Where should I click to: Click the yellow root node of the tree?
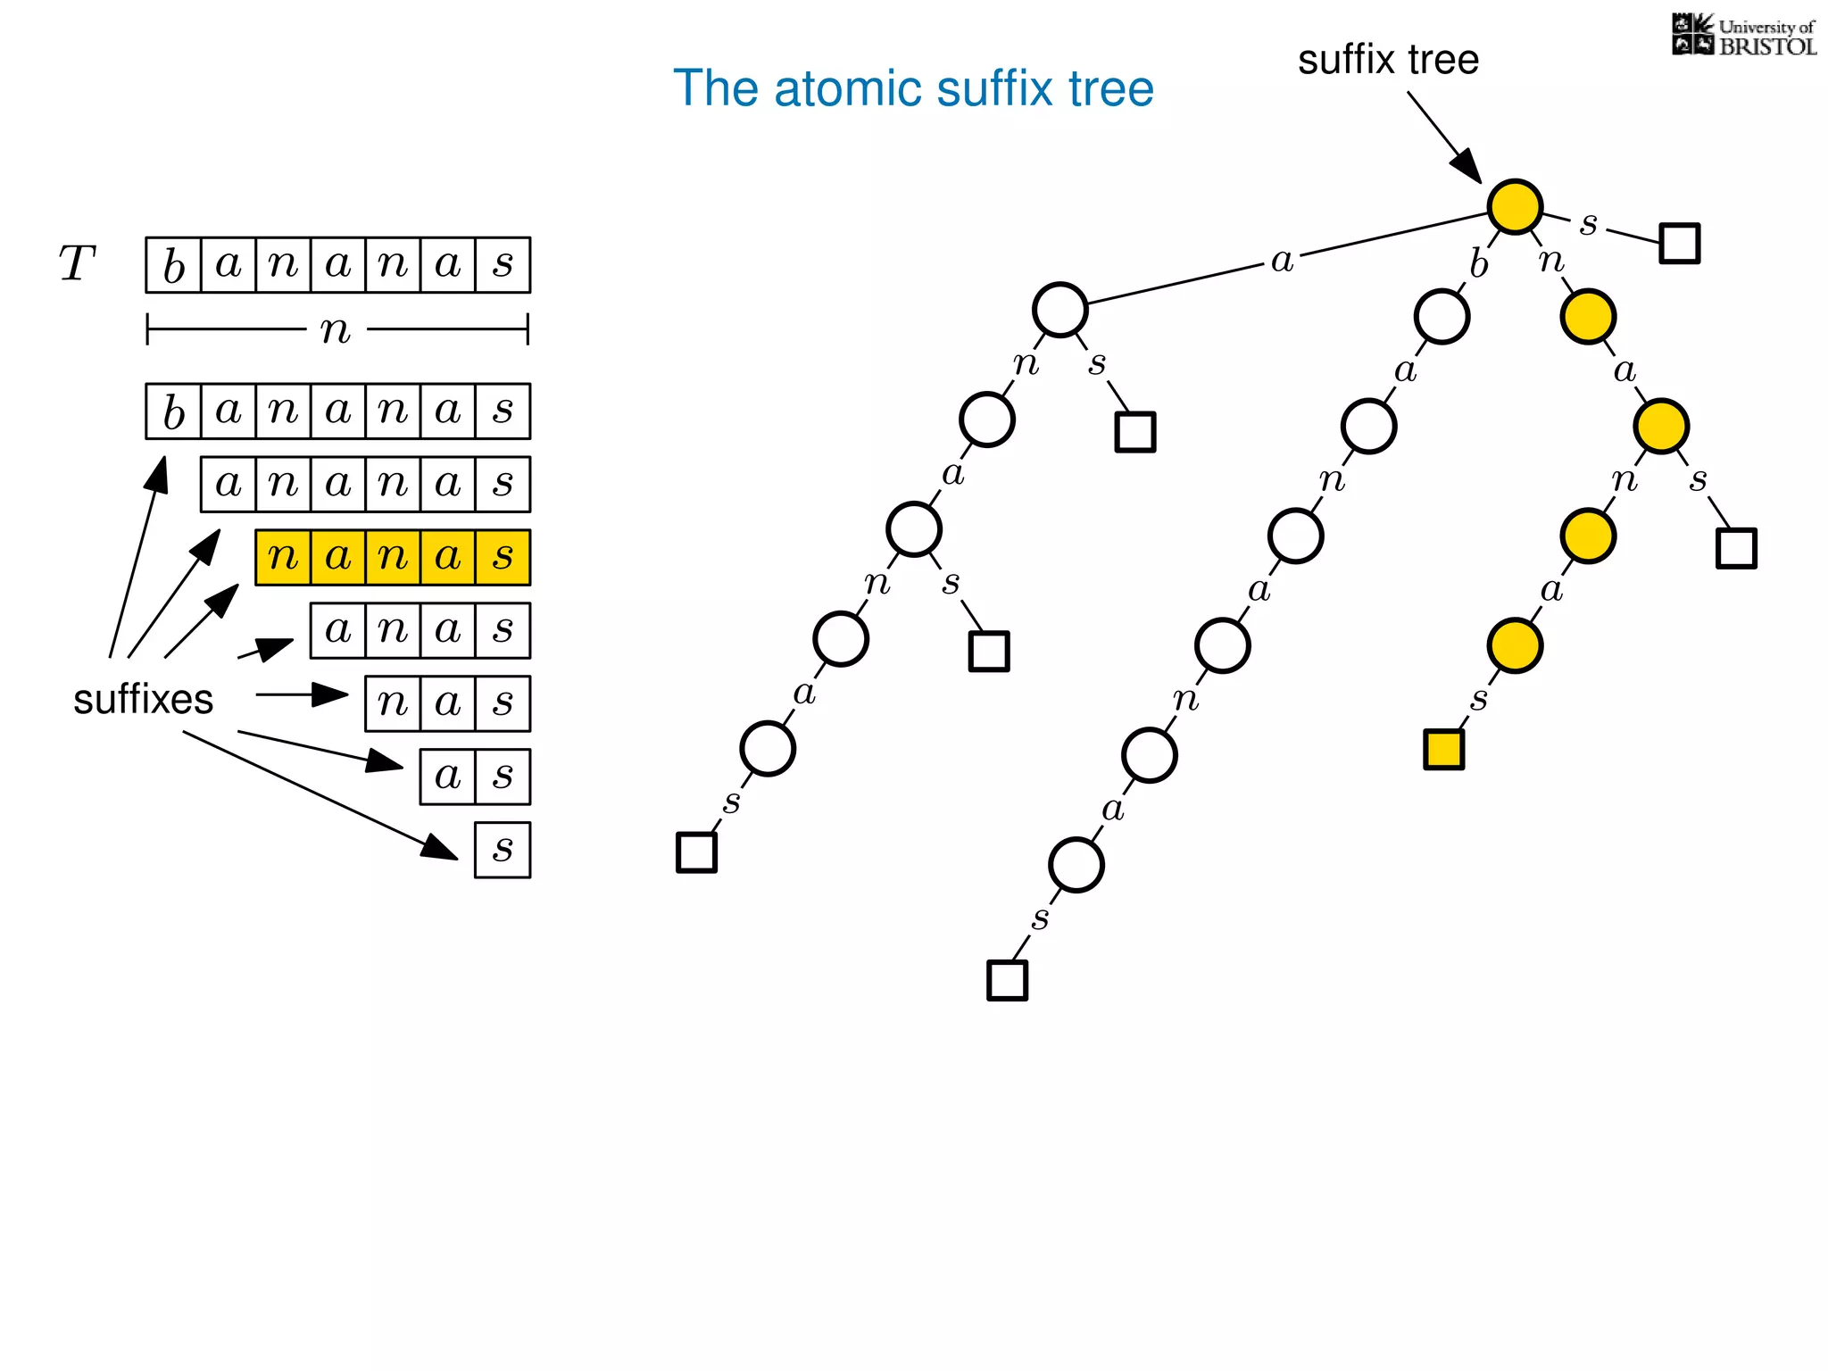tap(1515, 206)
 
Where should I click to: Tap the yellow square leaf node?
tap(1443, 749)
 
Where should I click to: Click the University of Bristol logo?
tap(1743, 35)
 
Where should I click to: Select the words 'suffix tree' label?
tap(1388, 60)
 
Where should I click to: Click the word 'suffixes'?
tap(143, 699)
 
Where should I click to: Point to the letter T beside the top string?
tap(77, 264)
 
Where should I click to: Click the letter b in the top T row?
tap(174, 265)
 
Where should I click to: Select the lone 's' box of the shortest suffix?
tap(503, 850)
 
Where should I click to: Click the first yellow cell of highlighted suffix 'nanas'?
tap(283, 557)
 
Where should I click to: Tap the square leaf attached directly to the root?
tap(1679, 243)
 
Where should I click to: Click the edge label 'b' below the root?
tap(1479, 264)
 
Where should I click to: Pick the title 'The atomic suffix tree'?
tap(913, 88)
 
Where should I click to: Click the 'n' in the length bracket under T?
tap(336, 330)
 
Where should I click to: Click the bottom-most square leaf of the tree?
tap(1007, 980)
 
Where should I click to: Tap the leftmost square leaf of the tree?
tap(696, 852)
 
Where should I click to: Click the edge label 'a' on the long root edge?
tap(1282, 261)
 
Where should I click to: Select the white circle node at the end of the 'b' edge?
tap(1442, 317)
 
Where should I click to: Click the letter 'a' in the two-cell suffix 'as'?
tap(447, 777)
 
